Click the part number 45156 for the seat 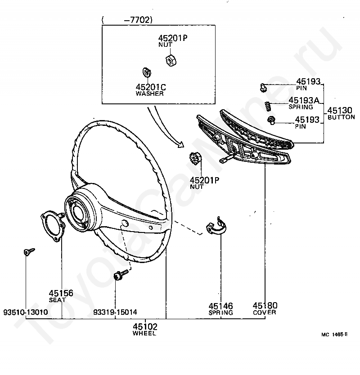(x=61, y=293)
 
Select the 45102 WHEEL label (x=144, y=327)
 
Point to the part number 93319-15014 (x=115, y=312)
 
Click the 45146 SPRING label (x=220, y=305)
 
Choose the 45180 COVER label (x=265, y=305)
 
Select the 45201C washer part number (x=150, y=87)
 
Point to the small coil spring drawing (x=267, y=106)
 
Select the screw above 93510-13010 (x=27, y=252)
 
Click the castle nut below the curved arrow (x=194, y=160)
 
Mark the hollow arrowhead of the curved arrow (x=180, y=145)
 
